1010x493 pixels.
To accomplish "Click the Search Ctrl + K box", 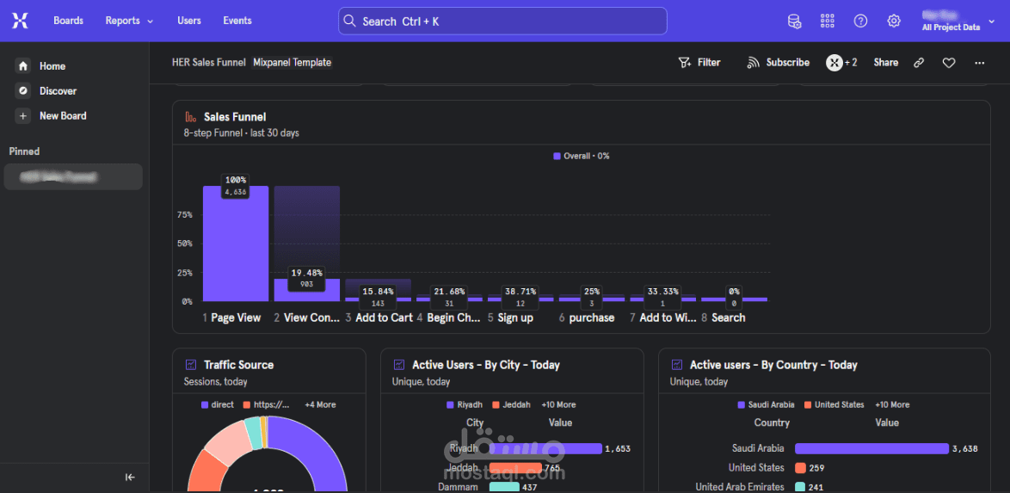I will [x=502, y=21].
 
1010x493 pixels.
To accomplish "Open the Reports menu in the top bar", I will [x=129, y=21].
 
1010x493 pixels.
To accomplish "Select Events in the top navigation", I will [x=237, y=21].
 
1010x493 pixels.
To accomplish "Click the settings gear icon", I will [x=894, y=21].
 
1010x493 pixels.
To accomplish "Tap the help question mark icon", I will [x=860, y=21].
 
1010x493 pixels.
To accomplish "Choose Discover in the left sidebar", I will [x=58, y=91].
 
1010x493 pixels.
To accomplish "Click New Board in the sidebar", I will [x=63, y=116].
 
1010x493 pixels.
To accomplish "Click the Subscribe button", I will [x=779, y=63].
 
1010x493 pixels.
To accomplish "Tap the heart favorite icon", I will [x=949, y=63].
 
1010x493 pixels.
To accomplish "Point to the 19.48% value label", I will [x=306, y=273].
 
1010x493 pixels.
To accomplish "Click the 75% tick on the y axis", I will [x=184, y=214].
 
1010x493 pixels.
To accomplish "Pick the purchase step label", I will [x=592, y=318].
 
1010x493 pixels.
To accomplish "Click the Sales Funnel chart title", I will [x=235, y=117].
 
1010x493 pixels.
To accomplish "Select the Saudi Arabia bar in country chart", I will [x=871, y=448].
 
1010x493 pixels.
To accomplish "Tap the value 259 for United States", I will [x=817, y=468].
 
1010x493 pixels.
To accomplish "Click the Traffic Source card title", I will [x=238, y=365].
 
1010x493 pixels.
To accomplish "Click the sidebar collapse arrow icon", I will [x=130, y=478].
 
